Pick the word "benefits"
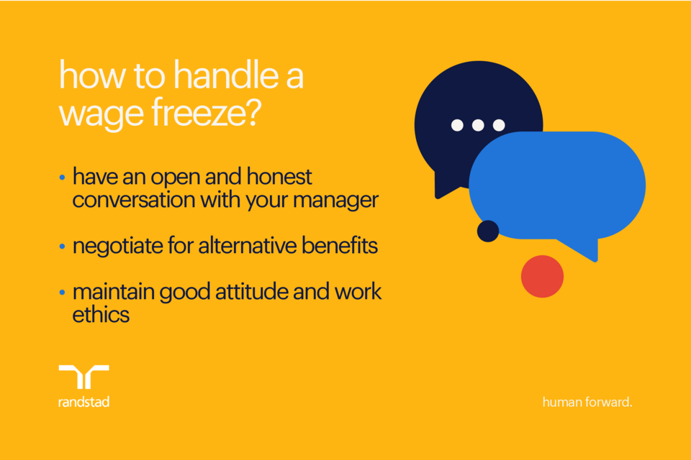coord(337,246)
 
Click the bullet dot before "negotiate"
coord(63,247)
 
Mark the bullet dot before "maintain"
coord(63,293)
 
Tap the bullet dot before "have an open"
coord(63,178)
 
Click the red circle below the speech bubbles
coord(542,276)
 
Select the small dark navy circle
coord(488,231)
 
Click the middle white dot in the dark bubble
coord(478,125)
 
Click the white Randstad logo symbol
coord(83,377)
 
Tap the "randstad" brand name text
coord(83,402)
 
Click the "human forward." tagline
coord(587,402)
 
